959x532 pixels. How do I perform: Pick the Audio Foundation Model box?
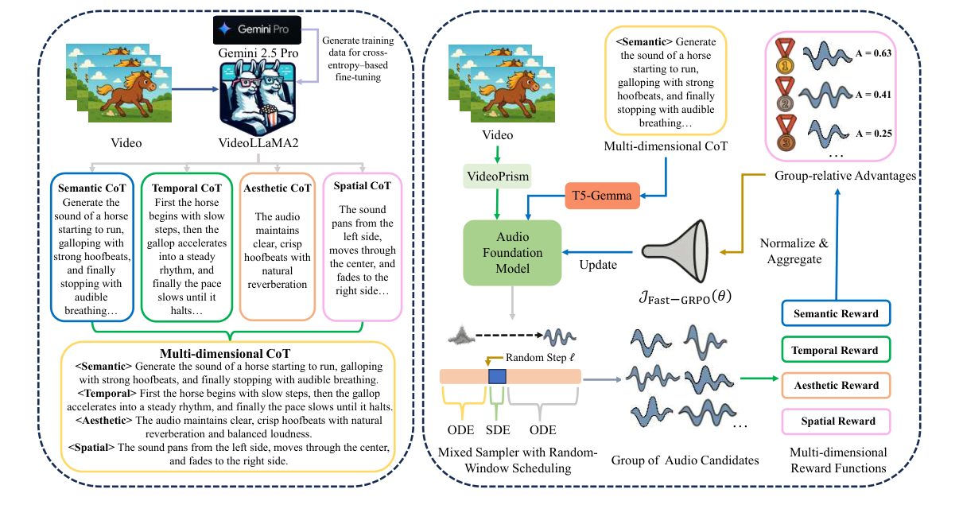point(512,252)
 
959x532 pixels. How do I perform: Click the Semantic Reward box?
point(837,314)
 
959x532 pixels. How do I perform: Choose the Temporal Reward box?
point(837,350)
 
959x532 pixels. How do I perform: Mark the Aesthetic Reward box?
point(837,386)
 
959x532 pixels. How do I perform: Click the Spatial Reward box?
point(837,421)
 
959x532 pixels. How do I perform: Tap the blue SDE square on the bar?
point(497,376)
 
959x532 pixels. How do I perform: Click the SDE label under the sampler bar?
point(497,430)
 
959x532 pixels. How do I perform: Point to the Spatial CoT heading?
point(363,186)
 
